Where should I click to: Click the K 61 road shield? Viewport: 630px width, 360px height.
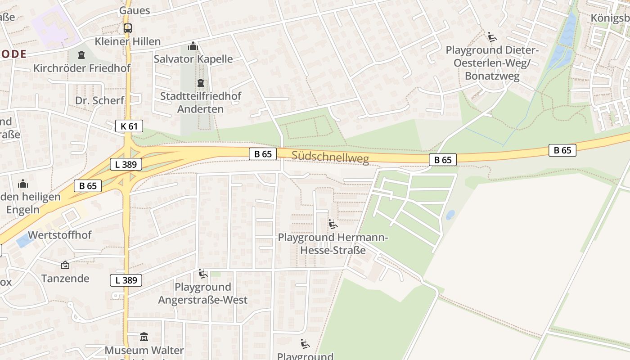coord(129,126)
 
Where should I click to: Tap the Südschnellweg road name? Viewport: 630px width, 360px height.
coord(330,157)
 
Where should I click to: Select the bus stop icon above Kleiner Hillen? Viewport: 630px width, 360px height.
coord(128,28)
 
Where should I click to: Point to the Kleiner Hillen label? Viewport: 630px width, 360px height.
coord(127,41)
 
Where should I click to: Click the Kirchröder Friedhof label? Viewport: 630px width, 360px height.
coord(82,68)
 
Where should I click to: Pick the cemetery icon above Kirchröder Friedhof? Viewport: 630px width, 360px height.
coord(81,55)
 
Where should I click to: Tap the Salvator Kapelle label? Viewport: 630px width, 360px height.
coord(193,59)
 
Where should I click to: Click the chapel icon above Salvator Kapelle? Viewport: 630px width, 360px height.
coord(193,46)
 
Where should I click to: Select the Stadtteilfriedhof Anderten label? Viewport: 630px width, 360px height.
coord(201,103)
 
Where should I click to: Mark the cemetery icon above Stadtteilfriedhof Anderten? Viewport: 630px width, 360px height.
coord(200,83)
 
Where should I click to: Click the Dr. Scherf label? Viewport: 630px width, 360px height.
coord(99,100)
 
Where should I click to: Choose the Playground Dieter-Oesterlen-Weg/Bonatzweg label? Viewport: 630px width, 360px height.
coord(492,63)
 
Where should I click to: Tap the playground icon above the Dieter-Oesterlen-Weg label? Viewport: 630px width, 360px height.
coord(492,37)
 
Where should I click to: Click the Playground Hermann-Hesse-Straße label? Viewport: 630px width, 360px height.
coord(333,243)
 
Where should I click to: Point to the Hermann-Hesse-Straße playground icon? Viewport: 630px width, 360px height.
coord(333,224)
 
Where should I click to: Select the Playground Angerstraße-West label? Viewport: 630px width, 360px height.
coord(203,293)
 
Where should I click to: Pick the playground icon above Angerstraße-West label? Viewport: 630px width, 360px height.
coord(203,274)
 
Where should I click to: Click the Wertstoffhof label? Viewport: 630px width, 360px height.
coord(60,235)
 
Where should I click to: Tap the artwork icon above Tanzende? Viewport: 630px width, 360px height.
coord(65,265)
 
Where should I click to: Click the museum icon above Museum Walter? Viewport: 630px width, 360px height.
coord(144,337)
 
